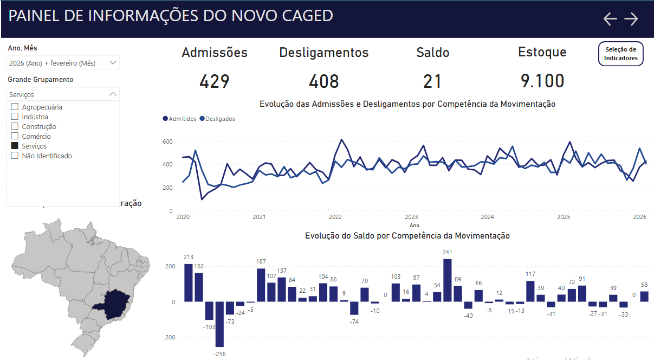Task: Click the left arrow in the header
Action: tap(610, 19)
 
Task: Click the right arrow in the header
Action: tap(631, 19)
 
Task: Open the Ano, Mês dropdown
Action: tap(63, 63)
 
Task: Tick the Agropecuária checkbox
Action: tap(15, 107)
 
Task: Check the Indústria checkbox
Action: tap(15, 117)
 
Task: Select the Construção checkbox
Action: tap(15, 126)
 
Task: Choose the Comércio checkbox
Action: tap(15, 136)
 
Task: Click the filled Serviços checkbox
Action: tap(15, 146)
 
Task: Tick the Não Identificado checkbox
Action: tap(15, 156)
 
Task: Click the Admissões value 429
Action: tap(215, 81)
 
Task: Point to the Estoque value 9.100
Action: tap(542, 81)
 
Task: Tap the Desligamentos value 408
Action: tap(324, 81)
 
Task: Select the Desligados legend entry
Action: tap(217, 119)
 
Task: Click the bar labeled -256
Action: tap(219, 324)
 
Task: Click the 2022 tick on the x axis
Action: tap(335, 217)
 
